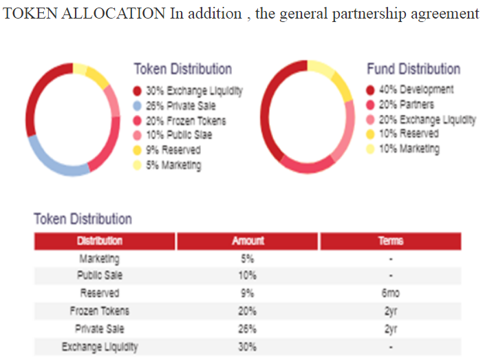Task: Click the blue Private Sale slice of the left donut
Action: point(52,158)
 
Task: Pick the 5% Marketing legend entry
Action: point(173,165)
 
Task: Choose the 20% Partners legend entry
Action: point(407,105)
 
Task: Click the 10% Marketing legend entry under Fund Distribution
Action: point(409,149)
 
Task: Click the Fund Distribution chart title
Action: point(413,69)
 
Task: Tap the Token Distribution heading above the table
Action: point(83,219)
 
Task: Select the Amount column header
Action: point(248,241)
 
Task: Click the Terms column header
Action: point(390,241)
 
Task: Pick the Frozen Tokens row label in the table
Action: point(100,311)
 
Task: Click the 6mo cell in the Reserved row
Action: point(390,293)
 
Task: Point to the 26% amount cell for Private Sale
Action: point(247,329)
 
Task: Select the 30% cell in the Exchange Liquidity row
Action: point(247,347)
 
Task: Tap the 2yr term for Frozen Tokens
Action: point(390,311)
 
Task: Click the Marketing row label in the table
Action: point(100,259)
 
